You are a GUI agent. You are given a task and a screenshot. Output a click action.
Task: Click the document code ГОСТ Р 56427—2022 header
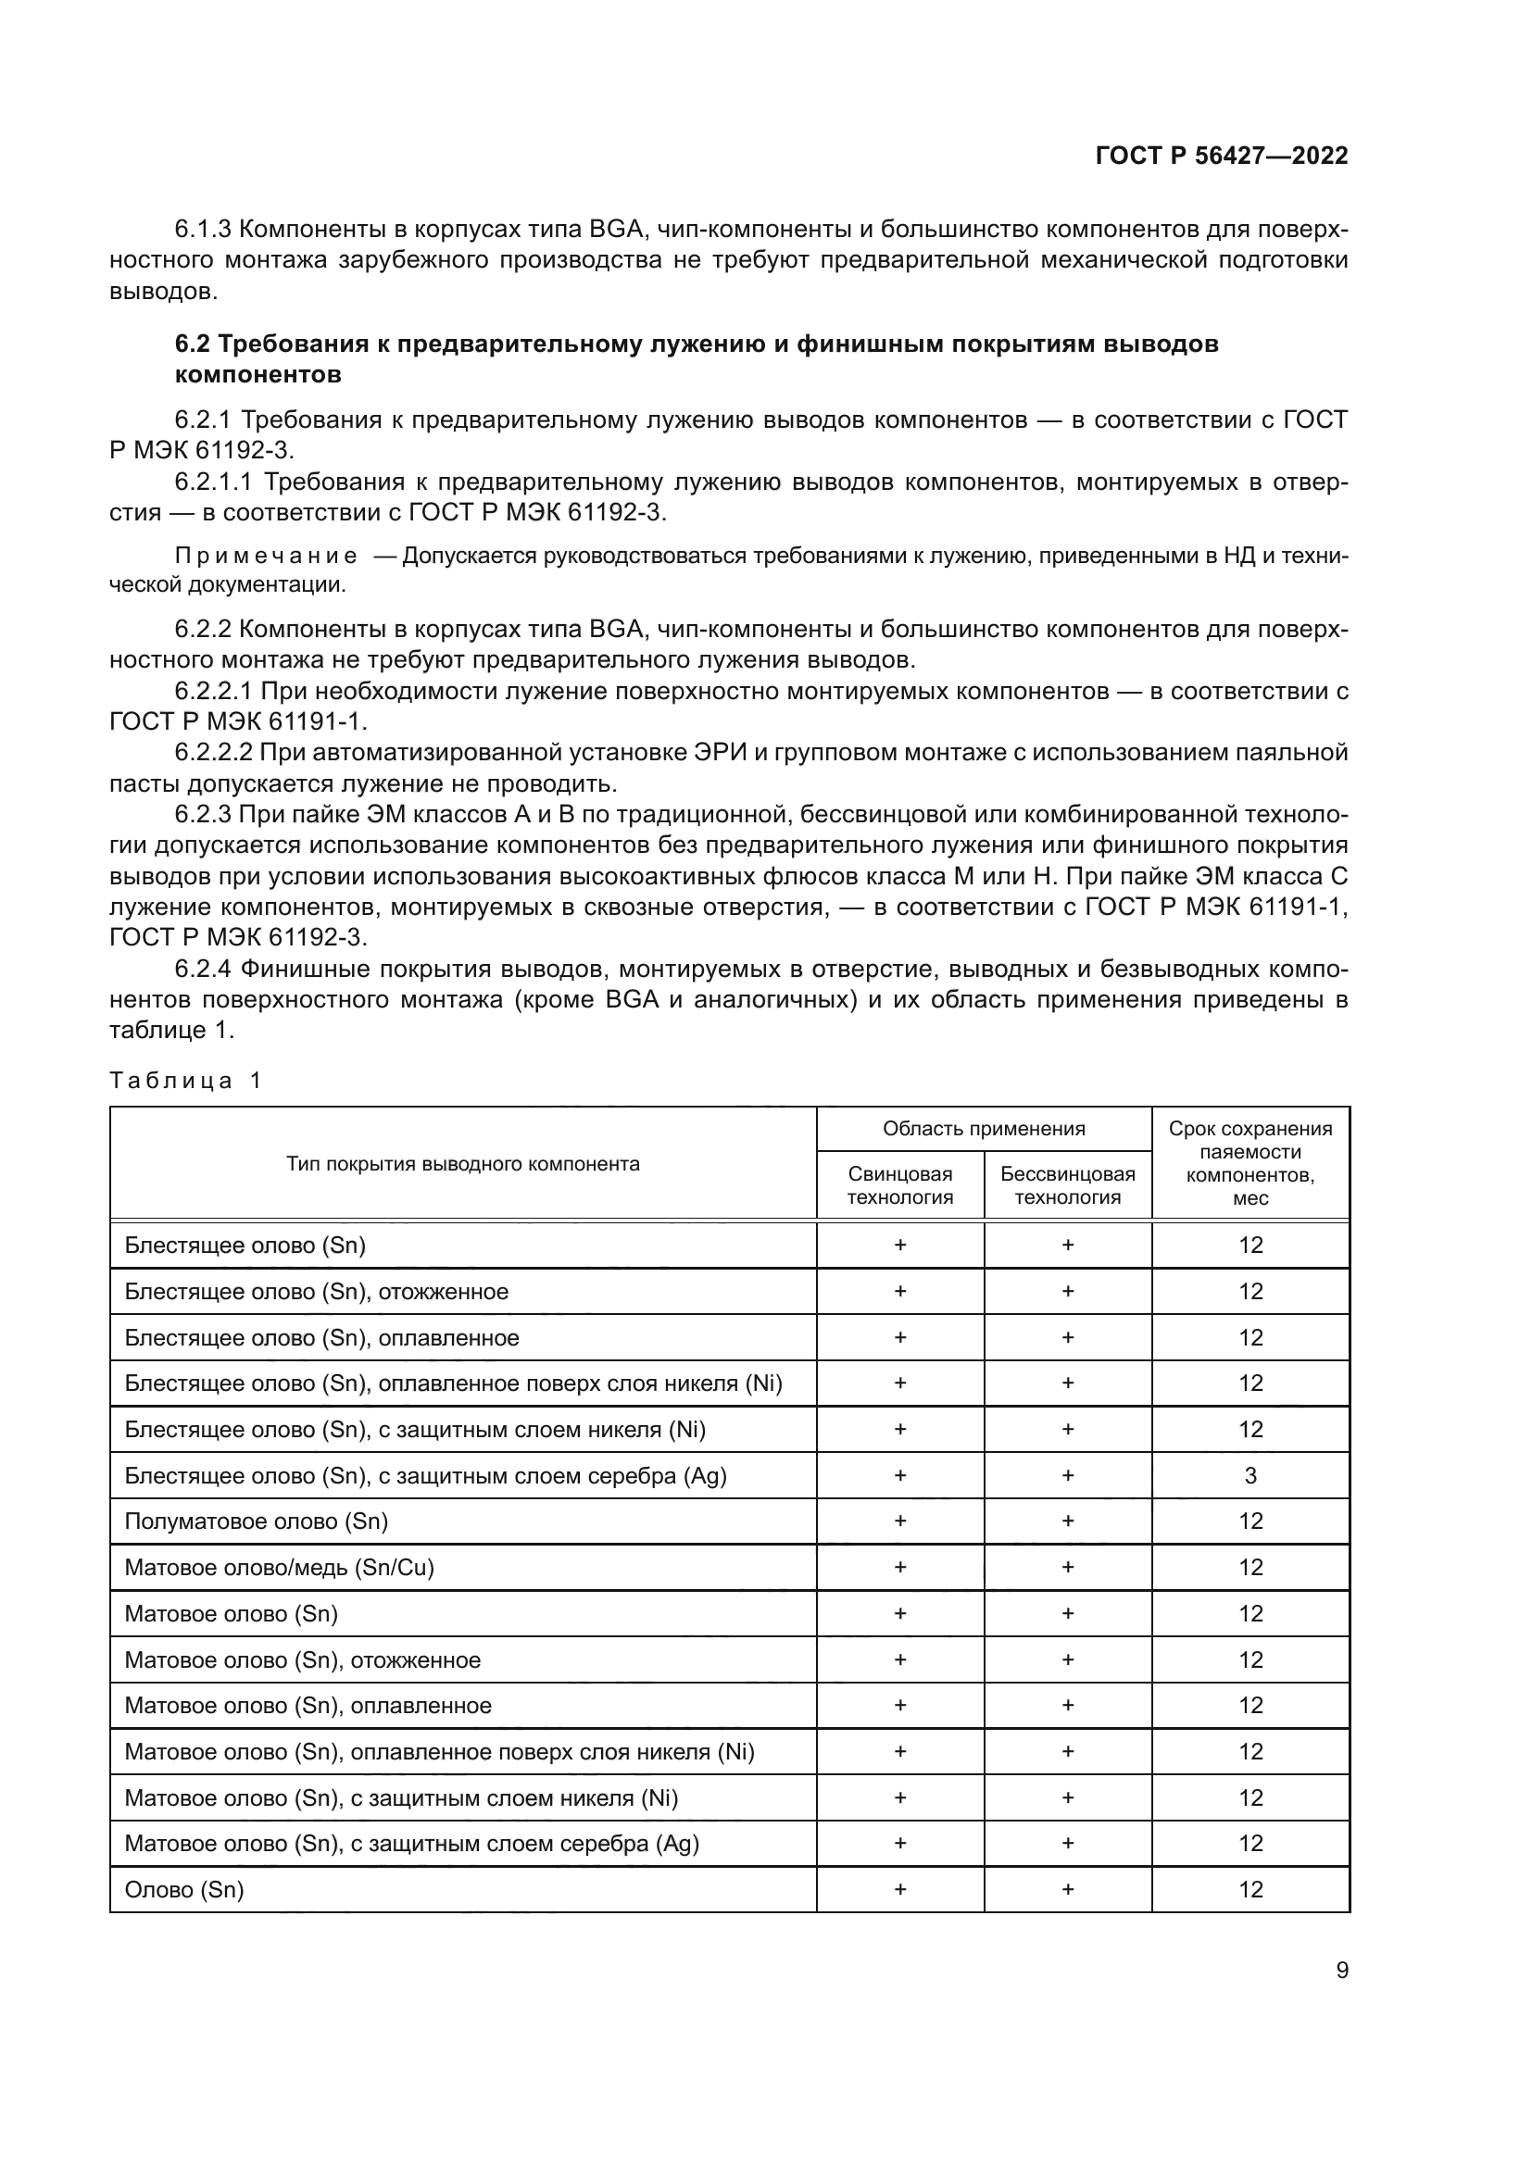pyautogui.click(x=1221, y=156)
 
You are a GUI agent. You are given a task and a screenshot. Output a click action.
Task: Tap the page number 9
pyautogui.click(x=1341, y=1970)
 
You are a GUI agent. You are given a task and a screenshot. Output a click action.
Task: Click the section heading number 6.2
pyautogui.click(x=194, y=344)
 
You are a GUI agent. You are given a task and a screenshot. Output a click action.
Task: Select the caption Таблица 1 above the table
pyautogui.click(x=185, y=1080)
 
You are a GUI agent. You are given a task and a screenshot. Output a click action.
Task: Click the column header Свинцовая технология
pyautogui.click(x=899, y=1185)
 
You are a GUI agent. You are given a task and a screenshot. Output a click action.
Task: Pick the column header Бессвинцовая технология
pyautogui.click(x=1067, y=1185)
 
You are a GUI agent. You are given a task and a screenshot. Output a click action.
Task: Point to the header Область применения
pyautogui.click(x=983, y=1128)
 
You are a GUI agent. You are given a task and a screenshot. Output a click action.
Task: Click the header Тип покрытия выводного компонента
pyautogui.click(x=462, y=1163)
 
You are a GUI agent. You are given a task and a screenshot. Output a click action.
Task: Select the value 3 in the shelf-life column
pyautogui.click(x=1249, y=1475)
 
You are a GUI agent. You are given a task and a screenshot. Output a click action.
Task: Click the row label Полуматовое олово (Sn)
pyautogui.click(x=256, y=1521)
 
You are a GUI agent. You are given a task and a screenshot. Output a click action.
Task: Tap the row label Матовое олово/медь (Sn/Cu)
pyautogui.click(x=279, y=1567)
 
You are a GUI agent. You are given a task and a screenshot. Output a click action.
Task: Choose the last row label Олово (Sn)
pyautogui.click(x=184, y=1890)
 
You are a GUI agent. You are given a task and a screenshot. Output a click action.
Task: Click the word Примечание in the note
pyautogui.click(x=266, y=556)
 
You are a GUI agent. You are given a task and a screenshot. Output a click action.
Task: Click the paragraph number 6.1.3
pyautogui.click(x=203, y=230)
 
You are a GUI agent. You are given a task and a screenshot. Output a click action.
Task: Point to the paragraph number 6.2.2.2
pyautogui.click(x=214, y=752)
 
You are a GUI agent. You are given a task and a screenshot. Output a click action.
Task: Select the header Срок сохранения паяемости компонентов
pyautogui.click(x=1249, y=1162)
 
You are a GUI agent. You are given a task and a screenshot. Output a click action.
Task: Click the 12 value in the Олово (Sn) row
pyautogui.click(x=1249, y=1890)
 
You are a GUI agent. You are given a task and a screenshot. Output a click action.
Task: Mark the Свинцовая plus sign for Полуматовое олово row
pyautogui.click(x=899, y=1521)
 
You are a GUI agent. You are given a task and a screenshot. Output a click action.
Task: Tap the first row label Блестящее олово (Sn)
pyautogui.click(x=245, y=1246)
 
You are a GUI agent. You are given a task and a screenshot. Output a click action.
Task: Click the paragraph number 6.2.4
pyautogui.click(x=203, y=969)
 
